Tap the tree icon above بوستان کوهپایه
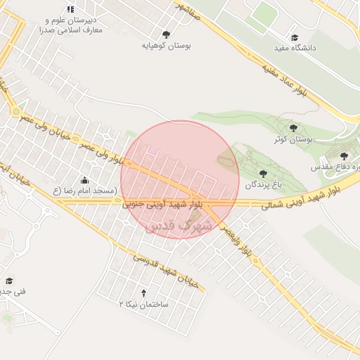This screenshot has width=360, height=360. (x=166, y=34)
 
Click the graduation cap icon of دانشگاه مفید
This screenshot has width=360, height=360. (x=295, y=37)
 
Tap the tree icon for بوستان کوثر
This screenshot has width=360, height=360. (x=292, y=128)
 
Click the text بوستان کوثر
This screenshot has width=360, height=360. (x=295, y=139)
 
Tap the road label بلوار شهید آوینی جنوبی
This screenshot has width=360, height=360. (x=162, y=205)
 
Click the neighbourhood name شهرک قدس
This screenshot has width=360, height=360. (x=173, y=226)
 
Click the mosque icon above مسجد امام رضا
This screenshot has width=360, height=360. (x=85, y=180)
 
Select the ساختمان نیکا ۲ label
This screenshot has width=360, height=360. (x=144, y=304)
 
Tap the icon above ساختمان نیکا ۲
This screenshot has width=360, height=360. (x=144, y=292)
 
